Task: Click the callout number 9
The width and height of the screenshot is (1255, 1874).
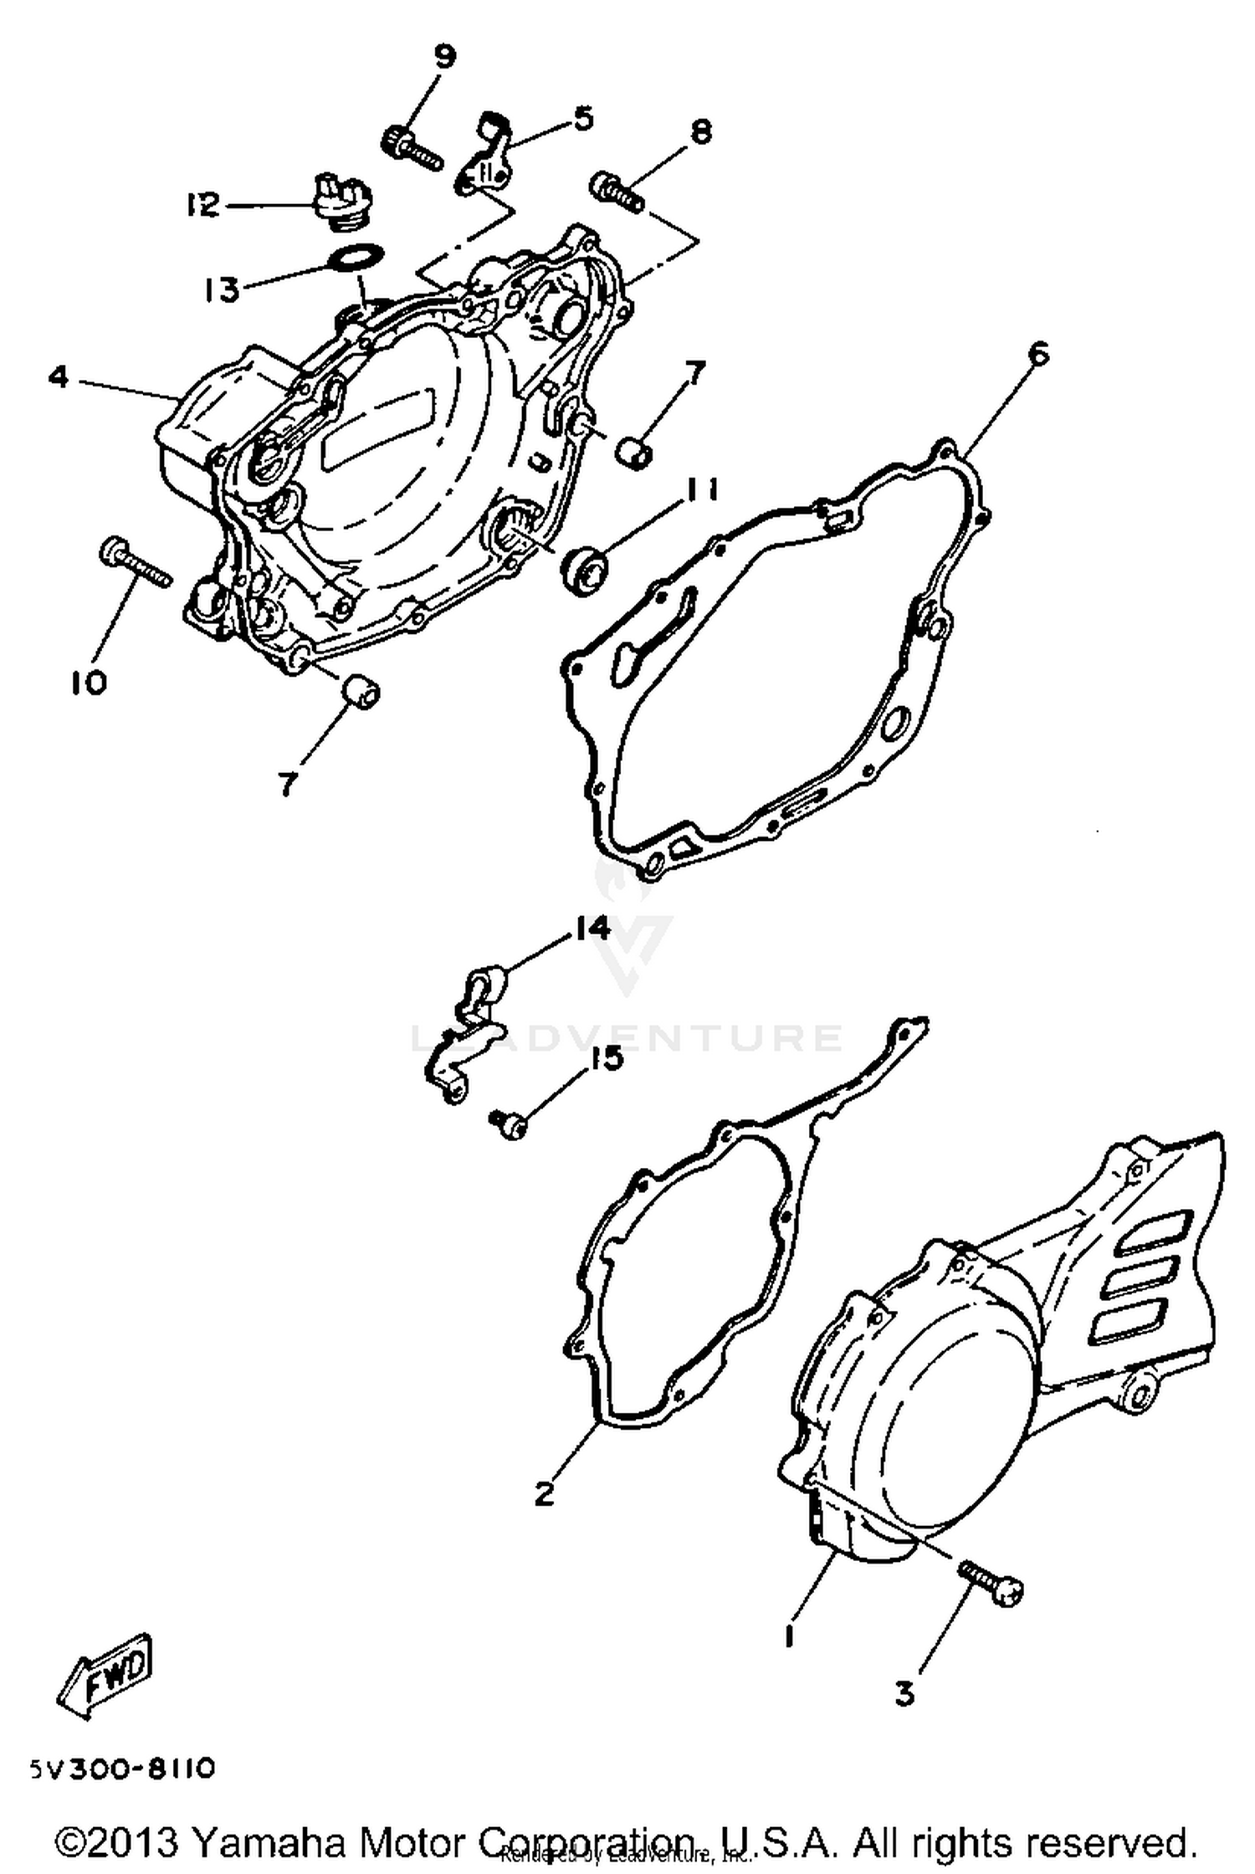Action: click(444, 57)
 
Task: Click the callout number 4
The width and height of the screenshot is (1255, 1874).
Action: click(58, 377)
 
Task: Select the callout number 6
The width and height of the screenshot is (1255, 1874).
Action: click(1037, 355)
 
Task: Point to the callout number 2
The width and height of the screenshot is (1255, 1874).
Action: click(545, 1492)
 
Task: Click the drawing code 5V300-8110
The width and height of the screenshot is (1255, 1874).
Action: click(123, 1769)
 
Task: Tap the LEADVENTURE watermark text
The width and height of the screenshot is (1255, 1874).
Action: click(627, 1038)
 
